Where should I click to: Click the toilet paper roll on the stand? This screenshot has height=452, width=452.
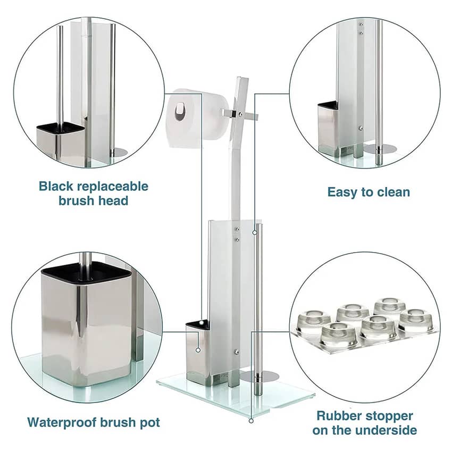pos(197,118)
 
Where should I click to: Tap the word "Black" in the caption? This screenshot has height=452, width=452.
pos(56,186)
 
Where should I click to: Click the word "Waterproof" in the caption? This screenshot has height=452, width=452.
pos(62,423)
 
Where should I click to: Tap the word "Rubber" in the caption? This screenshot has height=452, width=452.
pos(336,416)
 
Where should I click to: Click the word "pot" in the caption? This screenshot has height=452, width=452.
pos(149,423)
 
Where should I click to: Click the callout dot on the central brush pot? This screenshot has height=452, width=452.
pos(198,350)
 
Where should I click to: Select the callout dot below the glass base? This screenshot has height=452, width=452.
pos(251,421)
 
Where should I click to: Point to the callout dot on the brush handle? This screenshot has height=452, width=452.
pos(255,232)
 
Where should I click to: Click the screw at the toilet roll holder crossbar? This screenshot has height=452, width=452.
pos(240,114)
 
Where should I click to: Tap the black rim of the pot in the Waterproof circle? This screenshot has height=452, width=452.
pos(87,272)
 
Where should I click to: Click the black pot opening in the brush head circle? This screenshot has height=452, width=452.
pos(61,127)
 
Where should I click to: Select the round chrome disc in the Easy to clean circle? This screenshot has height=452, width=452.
pos(380,149)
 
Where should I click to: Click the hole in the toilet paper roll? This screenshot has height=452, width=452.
pos(180,111)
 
